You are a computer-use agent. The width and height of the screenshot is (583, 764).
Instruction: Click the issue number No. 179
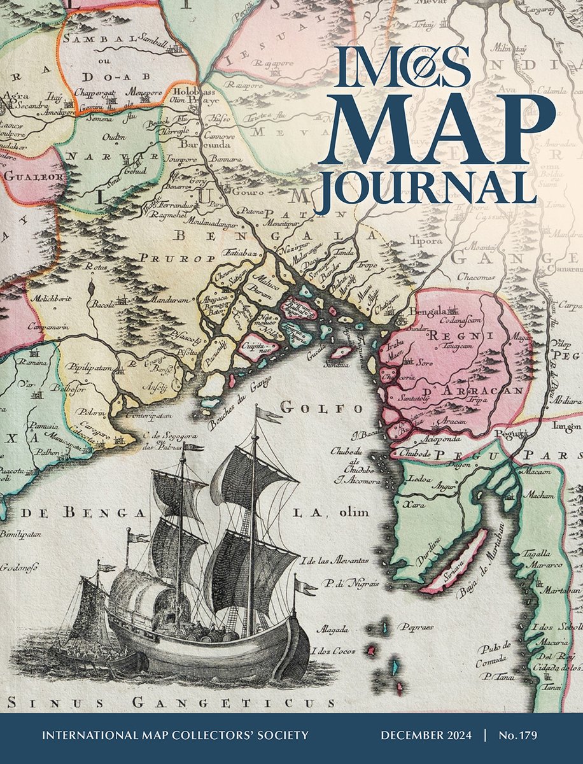tap(519, 735)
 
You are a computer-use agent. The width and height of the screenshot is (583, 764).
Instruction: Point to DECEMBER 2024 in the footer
tap(426, 735)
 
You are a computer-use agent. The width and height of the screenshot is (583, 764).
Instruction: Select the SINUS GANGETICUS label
tap(172, 703)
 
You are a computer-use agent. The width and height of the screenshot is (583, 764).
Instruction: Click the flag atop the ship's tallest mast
tap(267, 415)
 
